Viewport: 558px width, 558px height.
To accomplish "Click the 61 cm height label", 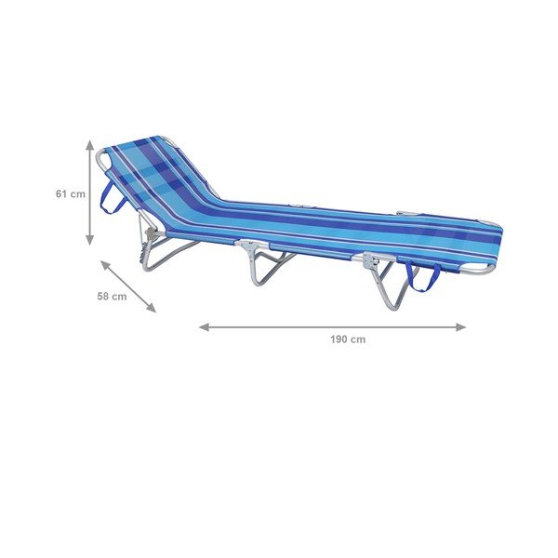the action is (71, 194).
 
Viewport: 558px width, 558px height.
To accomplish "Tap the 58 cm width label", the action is (112, 296).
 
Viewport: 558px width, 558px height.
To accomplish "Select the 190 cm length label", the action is (348, 339).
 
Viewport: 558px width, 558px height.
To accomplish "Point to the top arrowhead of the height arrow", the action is (90, 144).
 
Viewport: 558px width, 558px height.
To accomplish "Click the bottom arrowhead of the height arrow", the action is (90, 240).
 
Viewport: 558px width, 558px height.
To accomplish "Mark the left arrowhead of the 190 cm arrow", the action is (204, 327).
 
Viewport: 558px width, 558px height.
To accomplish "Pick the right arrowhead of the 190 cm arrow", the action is (461, 327).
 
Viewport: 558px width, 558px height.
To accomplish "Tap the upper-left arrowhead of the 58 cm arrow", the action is (105, 264).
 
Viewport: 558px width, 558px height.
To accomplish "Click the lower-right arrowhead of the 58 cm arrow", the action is (152, 308).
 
